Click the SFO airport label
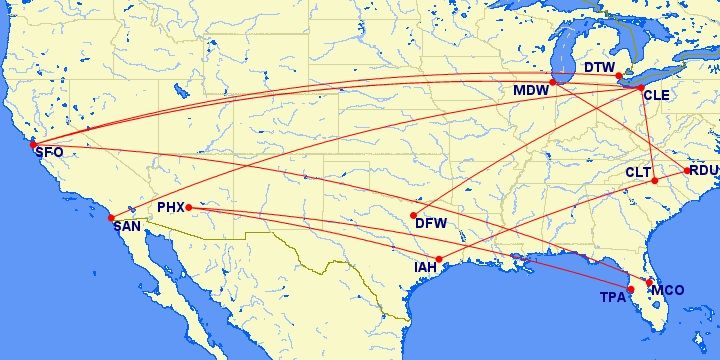coord(48,153)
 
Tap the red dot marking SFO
coord(33,144)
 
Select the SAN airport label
coord(127,226)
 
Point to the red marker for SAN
coord(111,217)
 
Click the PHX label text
coord(172,208)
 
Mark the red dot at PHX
coord(189,208)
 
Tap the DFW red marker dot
coord(414,215)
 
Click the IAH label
coord(426,268)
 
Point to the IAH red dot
coord(439,259)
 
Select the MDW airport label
coord(530,91)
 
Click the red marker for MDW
coord(553,82)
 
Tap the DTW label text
coord(600,68)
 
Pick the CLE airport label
coord(656,96)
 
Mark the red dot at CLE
coord(640,88)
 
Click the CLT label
coord(638,173)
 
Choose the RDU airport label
coord(704,171)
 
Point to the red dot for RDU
coord(687,170)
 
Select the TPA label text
coord(612,298)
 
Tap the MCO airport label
coord(667,290)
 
